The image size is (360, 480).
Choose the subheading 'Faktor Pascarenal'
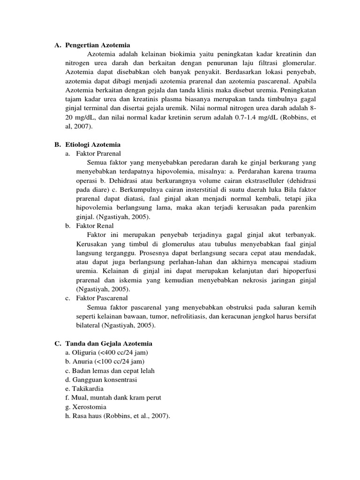point(101,298)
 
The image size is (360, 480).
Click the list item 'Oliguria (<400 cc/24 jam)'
point(107,352)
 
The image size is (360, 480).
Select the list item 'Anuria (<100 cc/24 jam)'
point(105,362)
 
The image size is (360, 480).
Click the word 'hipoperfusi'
point(300,271)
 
